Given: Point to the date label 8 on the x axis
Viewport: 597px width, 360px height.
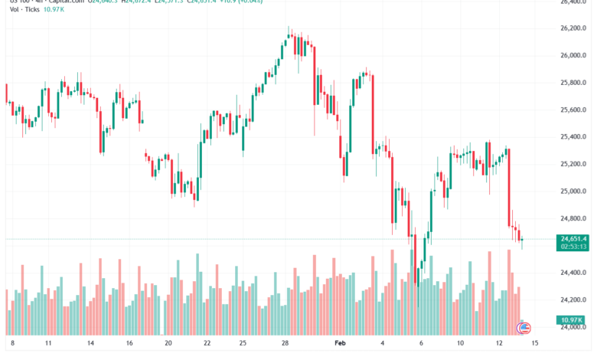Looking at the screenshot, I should point(12,345).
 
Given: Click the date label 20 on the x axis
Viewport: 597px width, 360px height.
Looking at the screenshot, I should point(168,345).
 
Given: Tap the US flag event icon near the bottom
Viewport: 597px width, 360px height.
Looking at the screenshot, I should point(524,328).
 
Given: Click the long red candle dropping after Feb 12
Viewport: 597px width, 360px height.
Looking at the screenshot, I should point(508,187).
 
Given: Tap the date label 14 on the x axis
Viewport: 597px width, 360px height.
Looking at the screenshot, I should point(90,345).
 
